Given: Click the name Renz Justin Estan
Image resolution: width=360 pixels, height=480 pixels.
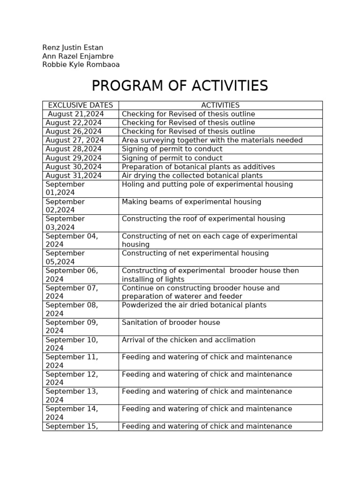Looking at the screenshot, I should pyautogui.click(x=73, y=48).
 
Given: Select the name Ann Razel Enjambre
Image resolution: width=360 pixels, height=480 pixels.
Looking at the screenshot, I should pyautogui.click(x=78, y=56).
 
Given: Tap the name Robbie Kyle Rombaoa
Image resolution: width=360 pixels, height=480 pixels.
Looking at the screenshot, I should pyautogui.click(x=81, y=65).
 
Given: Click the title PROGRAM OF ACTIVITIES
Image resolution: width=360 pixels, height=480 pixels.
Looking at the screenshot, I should pyautogui.click(x=180, y=86).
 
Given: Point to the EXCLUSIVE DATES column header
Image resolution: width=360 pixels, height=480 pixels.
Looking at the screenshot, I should pyautogui.click(x=80, y=105).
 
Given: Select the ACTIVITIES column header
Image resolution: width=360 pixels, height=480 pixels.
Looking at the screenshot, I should pyautogui.click(x=220, y=105).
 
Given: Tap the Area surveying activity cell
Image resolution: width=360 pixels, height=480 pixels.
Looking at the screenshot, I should pyautogui.click(x=212, y=140).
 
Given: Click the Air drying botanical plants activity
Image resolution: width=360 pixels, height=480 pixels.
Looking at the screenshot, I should pyautogui.click(x=192, y=176).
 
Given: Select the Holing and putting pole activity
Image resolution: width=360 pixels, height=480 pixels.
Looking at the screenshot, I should pyautogui.click(x=207, y=185).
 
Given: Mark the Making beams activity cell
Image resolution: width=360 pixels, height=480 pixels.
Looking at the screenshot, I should pyautogui.click(x=191, y=202).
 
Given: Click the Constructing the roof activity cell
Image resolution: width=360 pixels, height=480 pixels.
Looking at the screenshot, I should pyautogui.click(x=203, y=219).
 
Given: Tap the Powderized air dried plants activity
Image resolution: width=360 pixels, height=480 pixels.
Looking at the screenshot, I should pyautogui.click(x=194, y=305).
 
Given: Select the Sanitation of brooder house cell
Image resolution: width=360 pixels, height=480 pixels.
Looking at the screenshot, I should pyautogui.click(x=171, y=322).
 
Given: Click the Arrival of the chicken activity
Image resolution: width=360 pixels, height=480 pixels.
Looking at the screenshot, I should pyautogui.click(x=188, y=340).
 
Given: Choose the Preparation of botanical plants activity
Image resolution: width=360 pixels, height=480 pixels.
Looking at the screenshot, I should pyautogui.click(x=198, y=167).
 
